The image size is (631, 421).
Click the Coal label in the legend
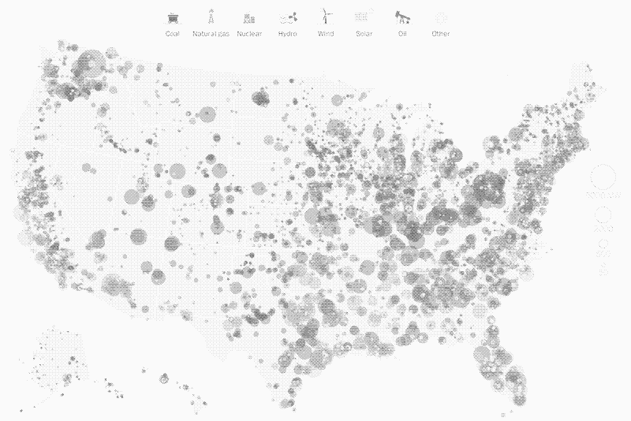[173, 34]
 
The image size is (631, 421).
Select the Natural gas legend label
[211, 34]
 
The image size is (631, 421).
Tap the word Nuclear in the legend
[249, 34]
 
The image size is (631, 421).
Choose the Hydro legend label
[287, 34]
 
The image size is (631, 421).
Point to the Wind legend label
[326, 34]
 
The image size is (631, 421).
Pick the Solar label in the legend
[364, 34]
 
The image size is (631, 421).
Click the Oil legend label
[402, 34]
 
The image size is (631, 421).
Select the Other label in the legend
[441, 34]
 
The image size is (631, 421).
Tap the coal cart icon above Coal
[173, 17]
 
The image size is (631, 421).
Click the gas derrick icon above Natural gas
[211, 17]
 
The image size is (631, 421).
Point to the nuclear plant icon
[249, 17]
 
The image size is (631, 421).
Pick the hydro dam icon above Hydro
[287, 17]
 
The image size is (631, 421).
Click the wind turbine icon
[325, 17]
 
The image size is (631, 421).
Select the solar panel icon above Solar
[364, 17]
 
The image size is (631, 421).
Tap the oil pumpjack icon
[402, 17]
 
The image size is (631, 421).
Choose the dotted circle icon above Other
[441, 17]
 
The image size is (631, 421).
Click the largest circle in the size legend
[604, 178]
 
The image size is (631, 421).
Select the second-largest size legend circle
[604, 214]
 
